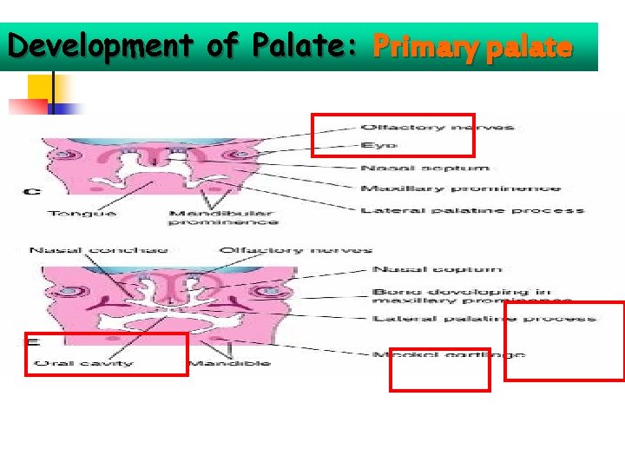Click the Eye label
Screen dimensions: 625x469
[x=379, y=147]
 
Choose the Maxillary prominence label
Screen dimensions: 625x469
[x=460, y=188]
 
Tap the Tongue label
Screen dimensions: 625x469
[x=82, y=214]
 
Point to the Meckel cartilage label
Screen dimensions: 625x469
[x=448, y=354]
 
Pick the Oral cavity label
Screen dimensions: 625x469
[x=84, y=362]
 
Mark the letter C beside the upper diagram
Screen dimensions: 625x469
[x=30, y=191]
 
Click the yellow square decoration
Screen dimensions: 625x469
[x=38, y=88]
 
